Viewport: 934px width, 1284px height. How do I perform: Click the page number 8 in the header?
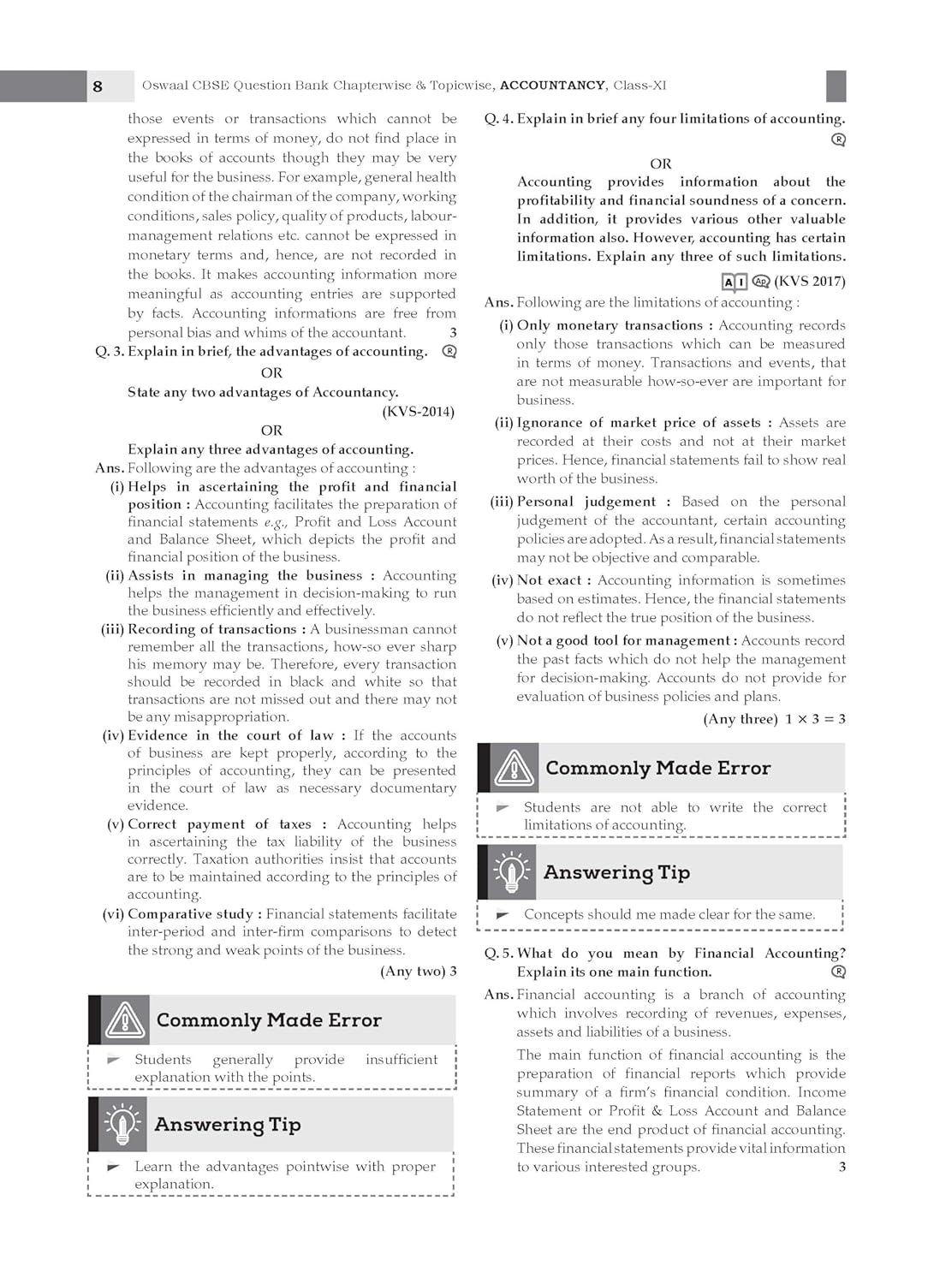pyautogui.click(x=98, y=86)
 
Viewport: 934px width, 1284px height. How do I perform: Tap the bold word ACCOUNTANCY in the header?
pyautogui.click(x=552, y=86)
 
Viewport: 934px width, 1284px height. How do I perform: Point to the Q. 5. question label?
pyautogui.click(x=499, y=954)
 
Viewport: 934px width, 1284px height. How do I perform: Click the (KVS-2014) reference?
pyautogui.click(x=418, y=412)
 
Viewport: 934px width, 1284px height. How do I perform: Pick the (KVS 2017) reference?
pyautogui.click(x=809, y=282)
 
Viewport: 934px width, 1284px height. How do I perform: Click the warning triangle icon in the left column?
pyautogui.click(x=126, y=1020)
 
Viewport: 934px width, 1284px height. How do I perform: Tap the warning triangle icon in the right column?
pyautogui.click(x=515, y=768)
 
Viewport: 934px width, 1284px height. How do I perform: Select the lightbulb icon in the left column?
pyautogui.click(x=122, y=1125)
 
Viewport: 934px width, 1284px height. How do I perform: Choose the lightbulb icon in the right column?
pyautogui.click(x=512, y=872)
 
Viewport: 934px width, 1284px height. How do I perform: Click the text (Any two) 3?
pyautogui.click(x=418, y=972)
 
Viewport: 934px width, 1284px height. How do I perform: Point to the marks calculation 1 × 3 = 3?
pyautogui.click(x=815, y=719)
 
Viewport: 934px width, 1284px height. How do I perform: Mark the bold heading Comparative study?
pyautogui.click(x=190, y=914)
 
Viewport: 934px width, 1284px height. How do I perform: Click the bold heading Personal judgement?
pyautogui.click(x=586, y=502)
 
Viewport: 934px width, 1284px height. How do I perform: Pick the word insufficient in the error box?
pyautogui.click(x=402, y=1060)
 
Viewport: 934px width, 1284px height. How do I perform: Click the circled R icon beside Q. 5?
pyautogui.click(x=839, y=972)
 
